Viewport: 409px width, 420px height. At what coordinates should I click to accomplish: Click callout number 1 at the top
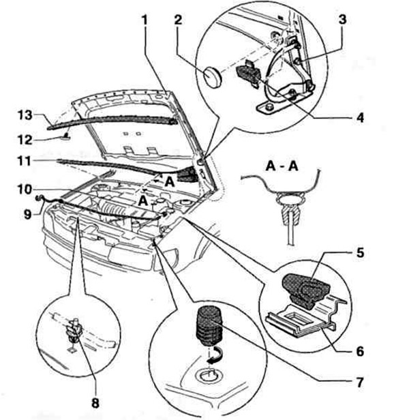click(x=145, y=20)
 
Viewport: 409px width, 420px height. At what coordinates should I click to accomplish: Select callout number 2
click(x=178, y=20)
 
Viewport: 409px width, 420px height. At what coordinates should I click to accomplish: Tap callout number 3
click(x=342, y=20)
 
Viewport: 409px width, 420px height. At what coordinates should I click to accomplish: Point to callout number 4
click(x=360, y=117)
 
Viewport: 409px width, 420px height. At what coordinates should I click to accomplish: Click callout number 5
click(x=360, y=252)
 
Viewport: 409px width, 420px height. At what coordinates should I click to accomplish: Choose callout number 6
click(x=360, y=351)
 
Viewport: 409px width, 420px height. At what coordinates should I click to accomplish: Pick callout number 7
click(x=359, y=382)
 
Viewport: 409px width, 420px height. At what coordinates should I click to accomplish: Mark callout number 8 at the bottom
click(x=95, y=402)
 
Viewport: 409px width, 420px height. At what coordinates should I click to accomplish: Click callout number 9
click(x=27, y=214)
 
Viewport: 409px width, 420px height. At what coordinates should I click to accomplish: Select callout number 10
click(x=25, y=190)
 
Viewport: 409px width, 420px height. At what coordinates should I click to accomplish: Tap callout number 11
click(x=24, y=161)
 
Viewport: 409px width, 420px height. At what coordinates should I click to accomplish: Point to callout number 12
click(x=25, y=140)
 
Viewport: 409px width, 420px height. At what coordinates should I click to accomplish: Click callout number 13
click(x=25, y=115)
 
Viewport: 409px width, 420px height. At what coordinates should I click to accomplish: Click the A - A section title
click(x=282, y=166)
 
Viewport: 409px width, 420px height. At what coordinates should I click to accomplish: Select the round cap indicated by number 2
click(x=212, y=76)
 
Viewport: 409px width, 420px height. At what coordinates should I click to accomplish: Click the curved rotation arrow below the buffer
click(x=214, y=356)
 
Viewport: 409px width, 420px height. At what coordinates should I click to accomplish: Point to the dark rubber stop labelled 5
click(x=305, y=290)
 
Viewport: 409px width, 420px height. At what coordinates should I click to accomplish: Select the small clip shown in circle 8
click(x=74, y=331)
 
